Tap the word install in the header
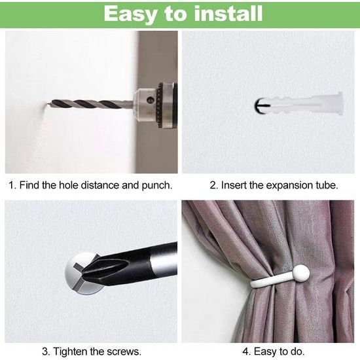click(x=228, y=14)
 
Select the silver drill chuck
click(x=155, y=105)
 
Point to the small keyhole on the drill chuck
click(x=151, y=100)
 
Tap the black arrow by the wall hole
click(x=262, y=105)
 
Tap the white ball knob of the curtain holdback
click(x=300, y=273)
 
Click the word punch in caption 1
click(x=157, y=185)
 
